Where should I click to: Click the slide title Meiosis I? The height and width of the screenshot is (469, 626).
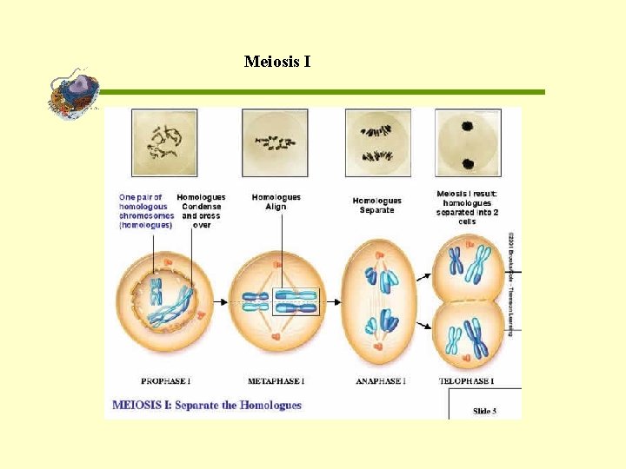(x=277, y=62)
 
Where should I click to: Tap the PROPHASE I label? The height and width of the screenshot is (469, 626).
(x=166, y=380)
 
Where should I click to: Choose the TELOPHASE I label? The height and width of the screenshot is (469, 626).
(x=467, y=380)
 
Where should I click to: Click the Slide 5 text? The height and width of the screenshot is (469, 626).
(x=485, y=411)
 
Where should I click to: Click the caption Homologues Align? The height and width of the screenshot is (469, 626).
(x=276, y=201)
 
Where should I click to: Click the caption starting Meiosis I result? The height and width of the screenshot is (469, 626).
(x=467, y=207)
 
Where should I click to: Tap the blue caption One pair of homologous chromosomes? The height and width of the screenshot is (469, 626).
(x=145, y=211)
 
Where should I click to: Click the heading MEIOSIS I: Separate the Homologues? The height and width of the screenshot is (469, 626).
(x=207, y=405)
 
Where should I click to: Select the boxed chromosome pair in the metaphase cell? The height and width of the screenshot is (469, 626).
(x=296, y=301)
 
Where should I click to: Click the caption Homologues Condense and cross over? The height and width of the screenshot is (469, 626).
(x=201, y=211)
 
